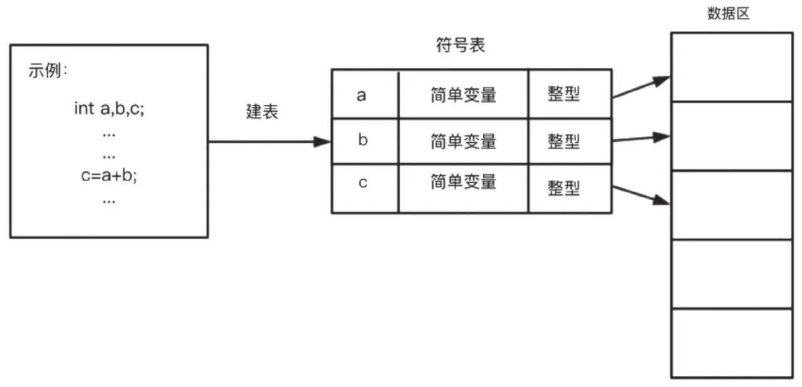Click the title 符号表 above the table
click(x=461, y=46)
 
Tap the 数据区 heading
click(x=728, y=14)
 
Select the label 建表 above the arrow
click(x=262, y=112)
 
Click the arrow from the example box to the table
click(x=269, y=142)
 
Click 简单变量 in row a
click(x=463, y=95)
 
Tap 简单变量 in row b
click(x=463, y=142)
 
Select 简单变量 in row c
click(x=463, y=182)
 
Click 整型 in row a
click(x=563, y=95)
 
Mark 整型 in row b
click(x=563, y=142)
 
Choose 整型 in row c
click(x=563, y=187)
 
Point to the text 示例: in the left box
click(x=48, y=71)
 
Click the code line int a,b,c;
click(x=110, y=108)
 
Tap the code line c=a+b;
click(x=109, y=175)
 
